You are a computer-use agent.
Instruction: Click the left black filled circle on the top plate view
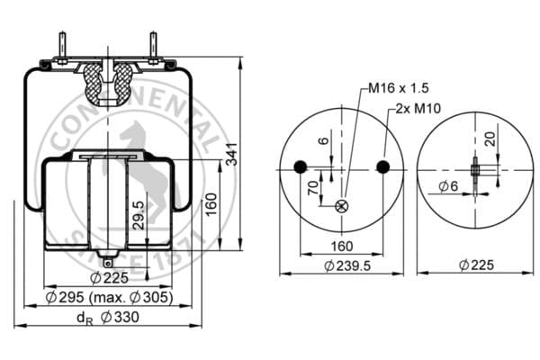(x=301, y=166)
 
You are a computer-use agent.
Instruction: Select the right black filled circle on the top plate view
(x=383, y=166)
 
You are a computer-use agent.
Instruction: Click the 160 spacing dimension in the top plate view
(x=342, y=246)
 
